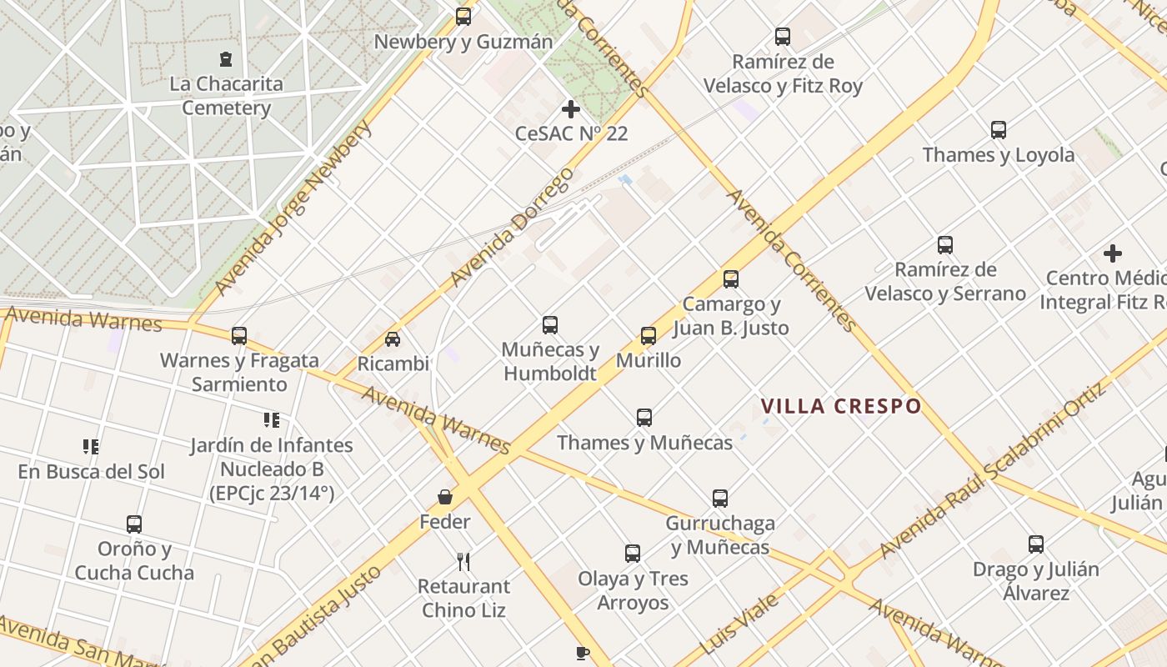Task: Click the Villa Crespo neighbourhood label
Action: coord(840,407)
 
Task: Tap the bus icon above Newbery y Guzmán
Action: coord(463,16)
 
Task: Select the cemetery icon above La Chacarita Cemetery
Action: coord(226,58)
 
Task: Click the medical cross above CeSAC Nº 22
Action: coord(571,108)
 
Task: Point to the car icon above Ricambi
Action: coord(393,339)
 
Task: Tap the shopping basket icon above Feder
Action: coord(446,497)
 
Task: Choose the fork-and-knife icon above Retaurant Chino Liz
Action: coord(463,561)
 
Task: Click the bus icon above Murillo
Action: coord(649,336)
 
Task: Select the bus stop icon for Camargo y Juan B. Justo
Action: coord(731,279)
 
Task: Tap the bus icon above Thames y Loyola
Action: coord(999,130)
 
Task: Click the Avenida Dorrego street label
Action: coord(512,226)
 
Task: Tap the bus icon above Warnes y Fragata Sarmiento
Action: coord(239,336)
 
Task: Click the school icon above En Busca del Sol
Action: coord(91,447)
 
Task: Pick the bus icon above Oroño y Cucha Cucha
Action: coord(134,524)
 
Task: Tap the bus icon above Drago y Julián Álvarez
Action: coord(1036,544)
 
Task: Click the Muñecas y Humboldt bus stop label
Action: coord(550,361)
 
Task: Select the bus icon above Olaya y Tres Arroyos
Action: coord(633,553)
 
